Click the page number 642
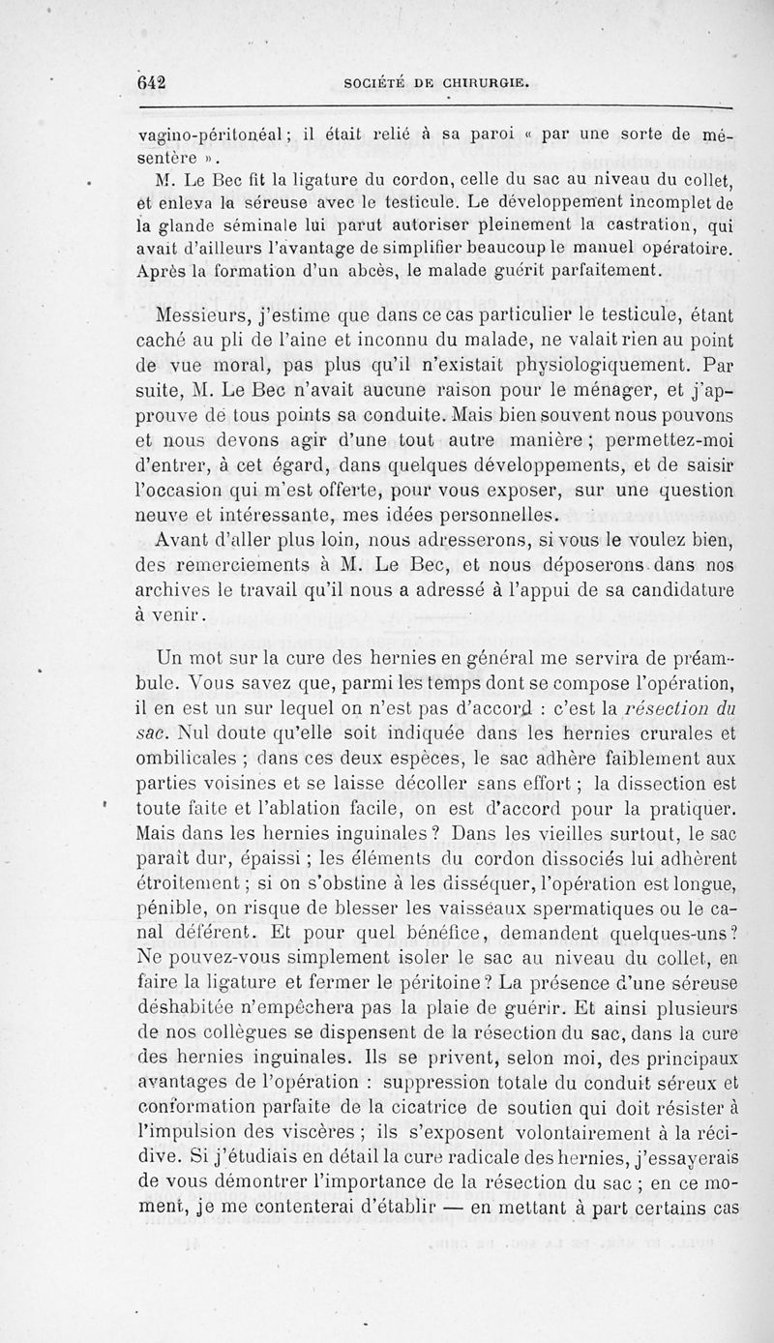tap(152, 84)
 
